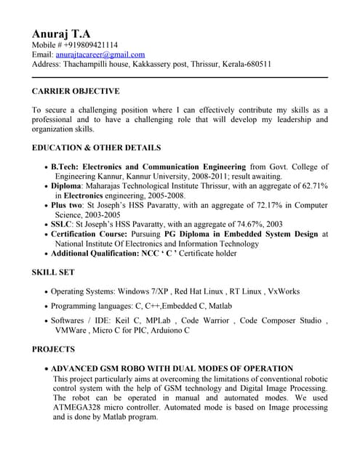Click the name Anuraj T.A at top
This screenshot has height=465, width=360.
(61, 33)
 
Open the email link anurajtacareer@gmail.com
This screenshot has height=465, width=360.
(100, 54)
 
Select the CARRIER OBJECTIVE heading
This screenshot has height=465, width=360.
(76, 92)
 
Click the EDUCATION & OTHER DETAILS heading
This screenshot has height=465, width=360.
(96, 147)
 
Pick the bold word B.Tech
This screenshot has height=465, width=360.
(63, 166)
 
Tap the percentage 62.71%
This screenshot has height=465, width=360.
(313, 186)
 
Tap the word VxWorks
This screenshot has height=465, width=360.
(283, 291)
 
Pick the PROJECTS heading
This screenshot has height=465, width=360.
(53, 349)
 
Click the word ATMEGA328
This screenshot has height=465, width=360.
(76, 408)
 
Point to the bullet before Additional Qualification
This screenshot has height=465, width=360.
(46, 254)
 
